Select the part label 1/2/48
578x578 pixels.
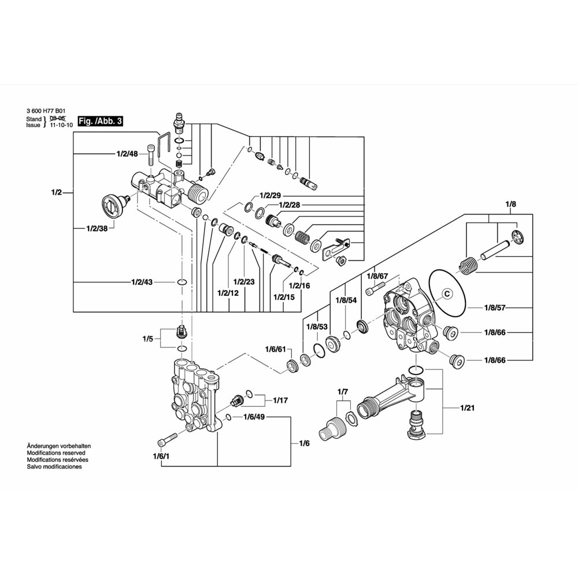127,154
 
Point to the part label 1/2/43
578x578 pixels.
142,282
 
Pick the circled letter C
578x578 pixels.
446,294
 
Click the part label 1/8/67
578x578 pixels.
377,277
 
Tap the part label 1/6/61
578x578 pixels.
276,349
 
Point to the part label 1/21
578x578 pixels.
467,408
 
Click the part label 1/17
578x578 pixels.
280,399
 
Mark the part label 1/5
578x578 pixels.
147,339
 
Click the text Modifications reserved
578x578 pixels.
56,453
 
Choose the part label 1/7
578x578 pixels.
343,392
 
